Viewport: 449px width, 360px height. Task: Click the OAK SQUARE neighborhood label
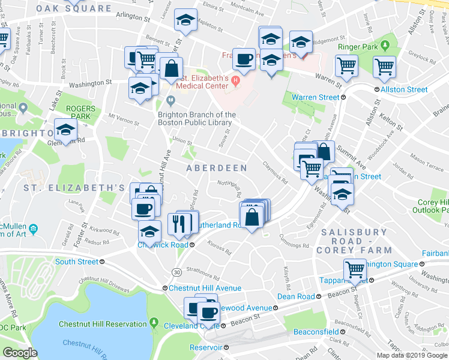74,9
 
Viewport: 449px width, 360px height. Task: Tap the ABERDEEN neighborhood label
216,169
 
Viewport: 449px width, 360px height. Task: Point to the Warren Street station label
316,97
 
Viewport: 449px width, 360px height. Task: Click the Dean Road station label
296,296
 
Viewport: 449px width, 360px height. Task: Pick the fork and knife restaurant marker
179,223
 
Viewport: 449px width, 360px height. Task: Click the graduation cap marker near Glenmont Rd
65,129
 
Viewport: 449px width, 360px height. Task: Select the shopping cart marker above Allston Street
384,67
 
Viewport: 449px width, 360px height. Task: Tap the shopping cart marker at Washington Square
355,269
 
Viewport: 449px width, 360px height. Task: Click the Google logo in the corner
20,353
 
